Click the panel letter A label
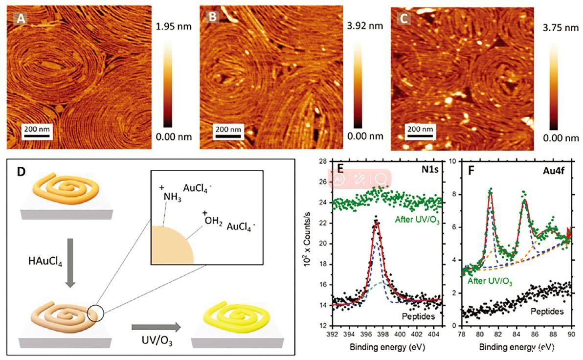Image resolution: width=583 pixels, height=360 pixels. click(20, 19)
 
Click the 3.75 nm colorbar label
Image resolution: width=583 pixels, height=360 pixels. click(562, 28)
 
